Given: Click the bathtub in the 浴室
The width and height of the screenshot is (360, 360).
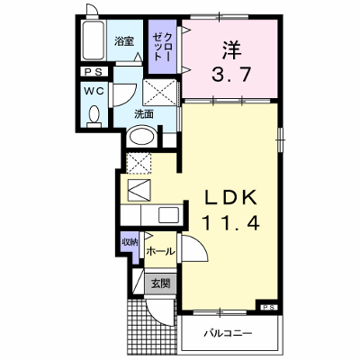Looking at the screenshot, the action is [94, 40].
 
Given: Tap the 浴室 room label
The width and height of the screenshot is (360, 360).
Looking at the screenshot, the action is [124, 41].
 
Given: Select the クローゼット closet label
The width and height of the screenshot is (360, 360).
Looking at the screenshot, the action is [163, 47].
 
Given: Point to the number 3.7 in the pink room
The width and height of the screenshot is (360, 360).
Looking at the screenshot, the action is [231, 74].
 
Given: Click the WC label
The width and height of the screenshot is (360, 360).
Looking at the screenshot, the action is [94, 91].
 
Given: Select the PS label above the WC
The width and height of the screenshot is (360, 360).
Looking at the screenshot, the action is [94, 72].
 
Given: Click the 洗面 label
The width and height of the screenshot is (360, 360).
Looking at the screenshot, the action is [144, 114].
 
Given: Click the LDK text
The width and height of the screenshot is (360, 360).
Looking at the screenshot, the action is [230, 197].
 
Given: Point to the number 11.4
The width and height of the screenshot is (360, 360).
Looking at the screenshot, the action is [230, 223].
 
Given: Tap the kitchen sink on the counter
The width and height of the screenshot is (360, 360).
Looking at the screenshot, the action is [168, 215].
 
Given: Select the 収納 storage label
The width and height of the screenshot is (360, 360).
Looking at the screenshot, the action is [130, 242].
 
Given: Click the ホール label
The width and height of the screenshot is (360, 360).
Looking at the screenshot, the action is [160, 251].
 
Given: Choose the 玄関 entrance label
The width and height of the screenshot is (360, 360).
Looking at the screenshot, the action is [160, 283].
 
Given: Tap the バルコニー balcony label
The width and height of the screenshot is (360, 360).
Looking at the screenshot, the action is [229, 333].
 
